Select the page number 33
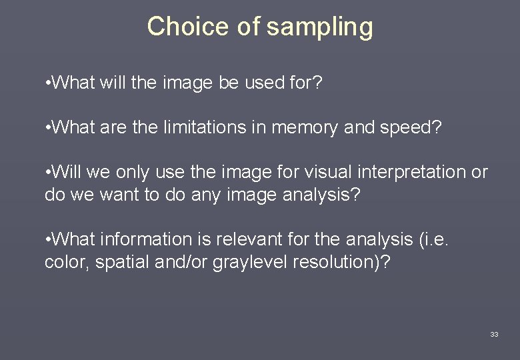pyautogui.click(x=494, y=334)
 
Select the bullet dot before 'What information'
pyautogui.click(x=47, y=239)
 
